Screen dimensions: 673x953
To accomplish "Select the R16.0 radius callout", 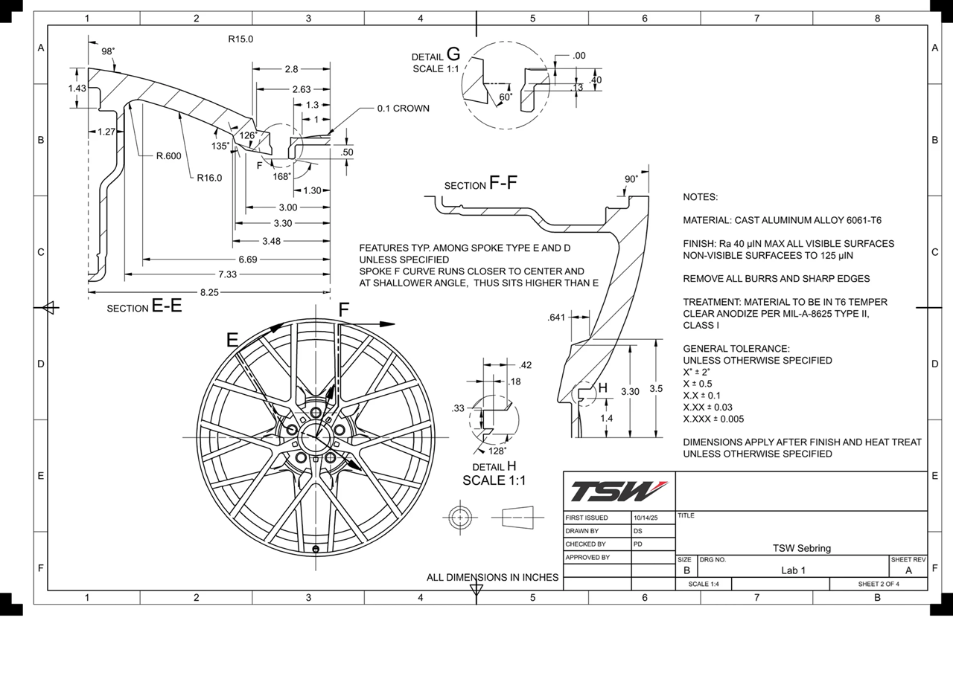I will (x=209, y=178).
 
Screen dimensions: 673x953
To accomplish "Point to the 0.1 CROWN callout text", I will (x=403, y=109).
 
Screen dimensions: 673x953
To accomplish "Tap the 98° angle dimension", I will (x=108, y=51).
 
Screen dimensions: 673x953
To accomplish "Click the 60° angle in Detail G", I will (x=506, y=97).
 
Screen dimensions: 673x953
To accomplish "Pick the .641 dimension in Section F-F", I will (x=556, y=318).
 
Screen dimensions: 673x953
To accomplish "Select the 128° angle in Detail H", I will (x=497, y=451).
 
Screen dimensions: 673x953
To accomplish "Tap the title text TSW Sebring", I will (x=801, y=548).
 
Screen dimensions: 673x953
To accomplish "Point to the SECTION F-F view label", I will (x=481, y=184).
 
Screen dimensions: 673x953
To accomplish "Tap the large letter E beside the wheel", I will (x=232, y=341).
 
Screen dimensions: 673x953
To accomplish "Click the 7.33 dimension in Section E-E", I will (x=227, y=274).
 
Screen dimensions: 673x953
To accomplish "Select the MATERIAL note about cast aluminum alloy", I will (x=782, y=221).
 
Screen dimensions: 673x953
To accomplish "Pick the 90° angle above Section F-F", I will (x=631, y=179).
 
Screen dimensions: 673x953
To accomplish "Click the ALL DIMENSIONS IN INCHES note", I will (x=492, y=577).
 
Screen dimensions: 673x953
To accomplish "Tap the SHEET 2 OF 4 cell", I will (x=879, y=584).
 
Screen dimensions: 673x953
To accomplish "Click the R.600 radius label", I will (x=168, y=156).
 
